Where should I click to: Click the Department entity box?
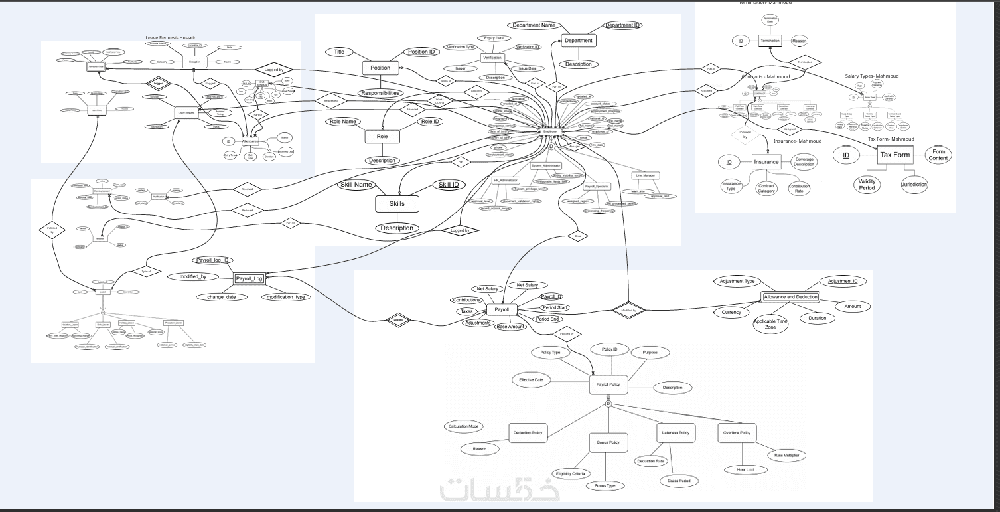click(578, 41)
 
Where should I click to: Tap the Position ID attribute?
click(421, 52)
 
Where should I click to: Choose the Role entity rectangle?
click(382, 136)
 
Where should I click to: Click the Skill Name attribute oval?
click(356, 185)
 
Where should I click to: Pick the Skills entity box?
click(397, 204)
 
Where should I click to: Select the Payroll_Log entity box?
click(250, 278)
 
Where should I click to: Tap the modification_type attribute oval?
click(285, 297)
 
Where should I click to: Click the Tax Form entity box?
click(894, 155)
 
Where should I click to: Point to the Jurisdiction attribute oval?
click(914, 185)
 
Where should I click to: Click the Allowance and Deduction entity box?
click(790, 297)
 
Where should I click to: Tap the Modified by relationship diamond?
click(628, 310)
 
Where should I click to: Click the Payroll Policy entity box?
click(608, 384)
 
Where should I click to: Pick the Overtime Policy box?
click(737, 433)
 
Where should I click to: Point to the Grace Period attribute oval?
click(679, 481)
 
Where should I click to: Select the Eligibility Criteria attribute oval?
click(570, 473)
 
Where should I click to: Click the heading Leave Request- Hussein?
click(171, 38)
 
